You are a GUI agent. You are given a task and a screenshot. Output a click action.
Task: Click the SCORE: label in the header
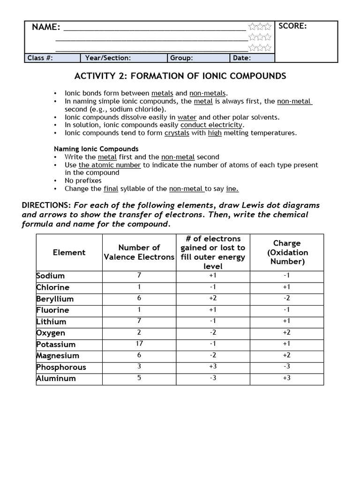(x=292, y=26)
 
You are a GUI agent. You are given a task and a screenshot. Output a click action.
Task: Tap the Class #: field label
(x=40, y=58)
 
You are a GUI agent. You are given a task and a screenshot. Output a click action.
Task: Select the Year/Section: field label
(x=108, y=58)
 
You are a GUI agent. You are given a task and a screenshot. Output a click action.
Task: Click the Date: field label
(x=242, y=58)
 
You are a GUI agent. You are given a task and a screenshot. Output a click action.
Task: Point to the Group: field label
(x=181, y=58)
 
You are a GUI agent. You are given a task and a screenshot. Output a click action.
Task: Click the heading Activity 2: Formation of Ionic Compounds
(x=180, y=76)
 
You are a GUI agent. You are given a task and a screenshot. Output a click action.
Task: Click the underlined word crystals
(x=176, y=133)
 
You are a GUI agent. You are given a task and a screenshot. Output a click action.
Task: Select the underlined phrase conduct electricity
(x=211, y=125)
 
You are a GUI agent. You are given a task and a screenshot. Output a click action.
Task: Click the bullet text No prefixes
(x=83, y=180)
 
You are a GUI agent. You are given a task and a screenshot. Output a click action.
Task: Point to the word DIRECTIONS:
(x=46, y=205)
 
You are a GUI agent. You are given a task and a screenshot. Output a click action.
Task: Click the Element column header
(x=69, y=253)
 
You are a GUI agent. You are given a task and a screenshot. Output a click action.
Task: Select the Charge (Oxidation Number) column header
(x=287, y=253)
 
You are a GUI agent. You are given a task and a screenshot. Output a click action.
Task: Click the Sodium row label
(x=51, y=276)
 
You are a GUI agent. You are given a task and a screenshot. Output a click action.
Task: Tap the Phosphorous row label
(x=61, y=367)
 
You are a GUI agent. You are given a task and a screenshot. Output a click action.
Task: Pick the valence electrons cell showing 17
(x=139, y=344)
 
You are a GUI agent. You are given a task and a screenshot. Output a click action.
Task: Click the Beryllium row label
(x=55, y=299)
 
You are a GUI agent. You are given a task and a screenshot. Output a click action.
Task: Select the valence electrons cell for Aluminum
(x=139, y=378)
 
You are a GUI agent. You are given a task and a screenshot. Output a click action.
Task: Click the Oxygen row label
(x=51, y=333)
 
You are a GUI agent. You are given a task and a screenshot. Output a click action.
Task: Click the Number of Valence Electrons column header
(x=139, y=252)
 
